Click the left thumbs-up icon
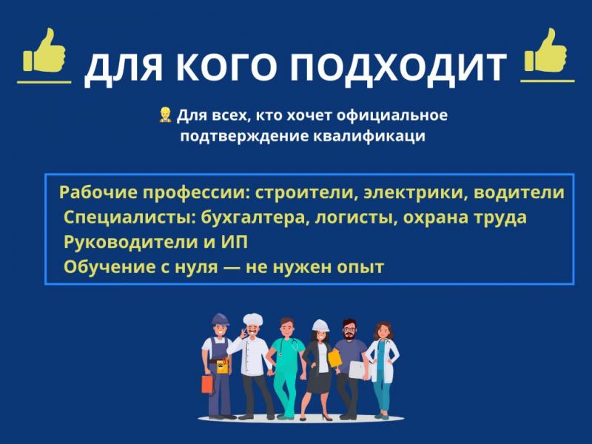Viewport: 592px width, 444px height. [x=44, y=50]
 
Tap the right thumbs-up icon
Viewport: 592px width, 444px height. [x=545, y=50]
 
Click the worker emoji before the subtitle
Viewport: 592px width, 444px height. [x=165, y=115]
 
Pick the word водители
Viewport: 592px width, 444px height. [x=519, y=192]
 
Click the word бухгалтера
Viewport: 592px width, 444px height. [x=252, y=218]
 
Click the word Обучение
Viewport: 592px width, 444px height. [x=110, y=267]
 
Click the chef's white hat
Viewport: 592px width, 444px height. [x=252, y=320]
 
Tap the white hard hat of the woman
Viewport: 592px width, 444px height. [x=320, y=326]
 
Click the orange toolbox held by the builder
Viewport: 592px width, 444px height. [x=208, y=384]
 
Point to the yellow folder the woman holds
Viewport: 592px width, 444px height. [x=334, y=358]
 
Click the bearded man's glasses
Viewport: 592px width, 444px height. [x=349, y=329]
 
